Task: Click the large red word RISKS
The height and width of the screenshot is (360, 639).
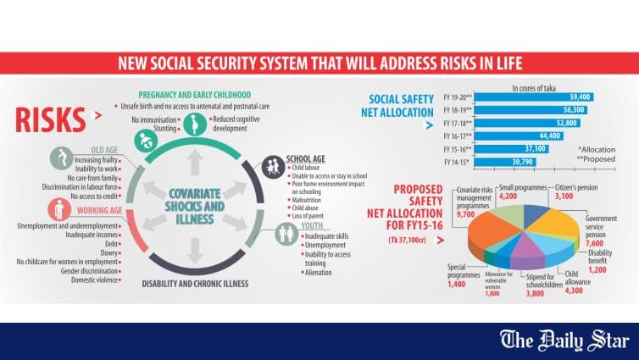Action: click(49, 119)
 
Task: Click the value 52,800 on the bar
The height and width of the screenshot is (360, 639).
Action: click(565, 123)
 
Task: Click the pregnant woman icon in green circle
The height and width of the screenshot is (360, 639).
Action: click(195, 125)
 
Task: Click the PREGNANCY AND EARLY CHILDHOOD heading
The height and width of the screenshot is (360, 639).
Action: click(195, 93)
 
